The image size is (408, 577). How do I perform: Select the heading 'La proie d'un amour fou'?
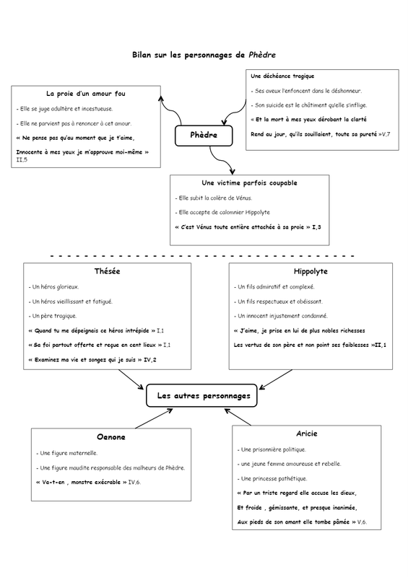pos(86,94)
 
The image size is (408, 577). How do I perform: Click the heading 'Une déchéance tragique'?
pos(282,76)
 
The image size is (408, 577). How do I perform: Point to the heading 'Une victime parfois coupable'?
pos(249,183)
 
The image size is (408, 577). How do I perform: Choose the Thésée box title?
pos(108,271)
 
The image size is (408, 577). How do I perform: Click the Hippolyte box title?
pos(311,272)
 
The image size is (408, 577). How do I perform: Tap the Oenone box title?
pos(111,437)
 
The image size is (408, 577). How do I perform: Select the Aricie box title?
pos(307,433)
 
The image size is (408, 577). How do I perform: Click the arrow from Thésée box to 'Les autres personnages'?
pos(131,379)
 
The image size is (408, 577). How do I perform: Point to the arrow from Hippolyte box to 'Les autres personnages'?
pos(275,379)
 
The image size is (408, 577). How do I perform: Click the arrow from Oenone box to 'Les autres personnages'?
pos(154,418)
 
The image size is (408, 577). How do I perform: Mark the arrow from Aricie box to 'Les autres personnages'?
pos(238,417)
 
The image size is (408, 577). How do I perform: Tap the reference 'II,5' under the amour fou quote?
pos(22,160)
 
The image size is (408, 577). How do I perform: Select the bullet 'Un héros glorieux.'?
pos(54,287)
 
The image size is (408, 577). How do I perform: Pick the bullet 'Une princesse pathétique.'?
pos(272,479)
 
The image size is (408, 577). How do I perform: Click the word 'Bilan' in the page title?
pos(142,56)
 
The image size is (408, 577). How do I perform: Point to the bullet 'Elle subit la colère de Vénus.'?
pos(214,198)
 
